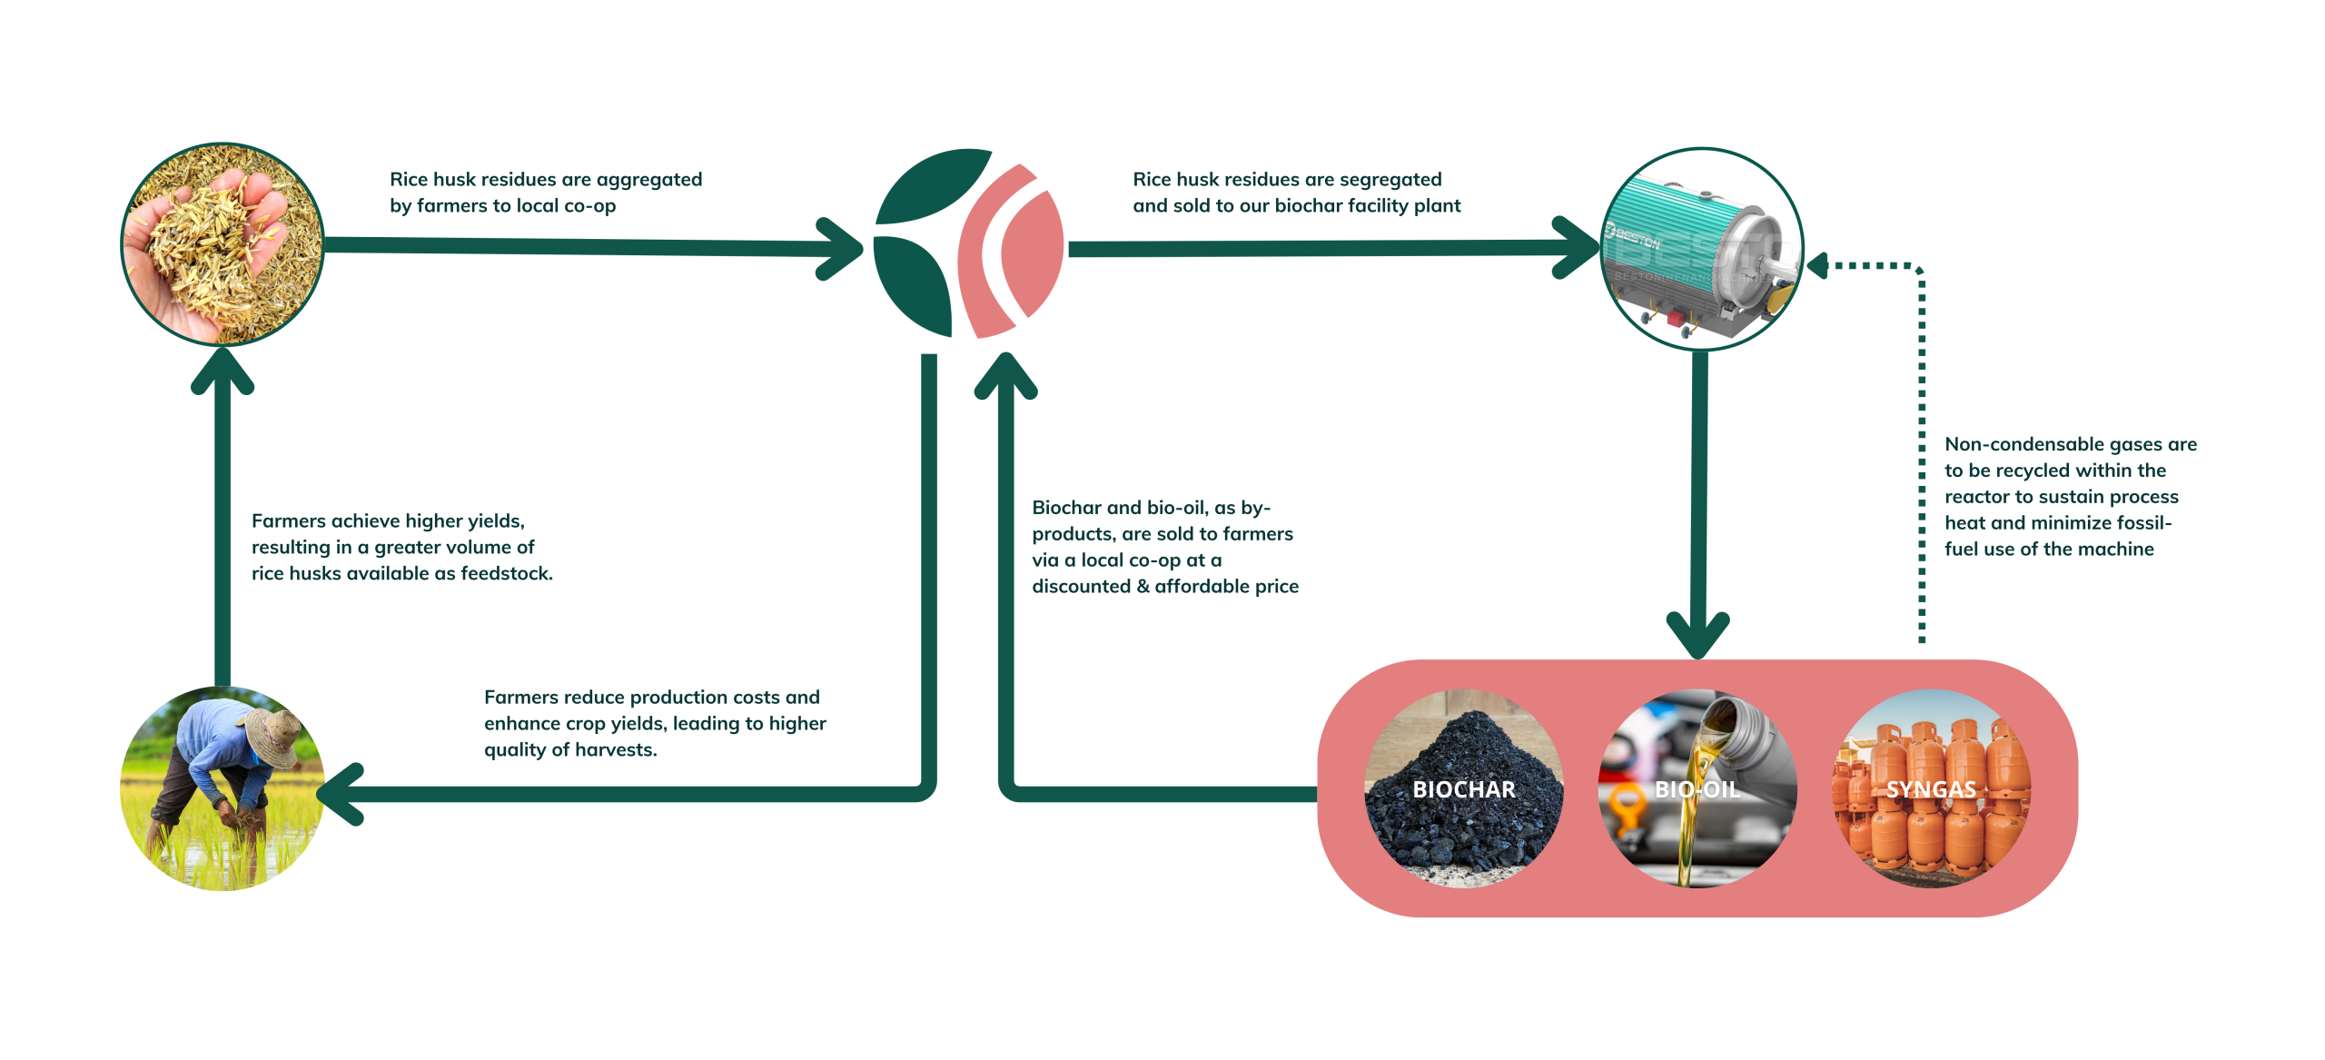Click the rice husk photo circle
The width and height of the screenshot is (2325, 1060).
[x=223, y=244]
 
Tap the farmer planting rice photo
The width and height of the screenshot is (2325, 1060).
[x=223, y=788]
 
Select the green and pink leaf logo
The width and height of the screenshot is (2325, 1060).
[x=968, y=243]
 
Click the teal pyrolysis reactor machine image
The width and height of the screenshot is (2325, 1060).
[x=1701, y=249]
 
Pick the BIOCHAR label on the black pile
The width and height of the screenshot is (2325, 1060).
[x=1463, y=789]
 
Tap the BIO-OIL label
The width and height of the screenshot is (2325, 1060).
[x=1697, y=789]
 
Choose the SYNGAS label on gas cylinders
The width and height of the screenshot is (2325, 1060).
[x=1931, y=789]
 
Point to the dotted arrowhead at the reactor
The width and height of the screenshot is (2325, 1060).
[x=1818, y=266]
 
